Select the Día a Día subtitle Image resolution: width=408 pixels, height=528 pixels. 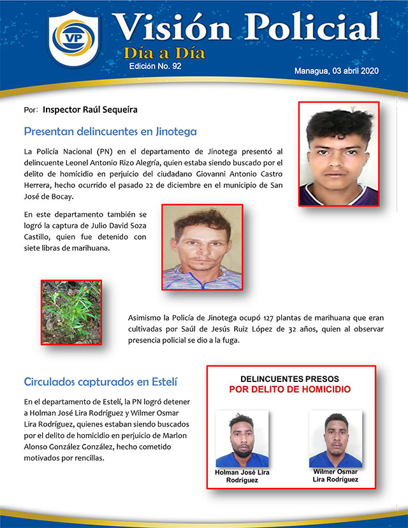click(x=164, y=53)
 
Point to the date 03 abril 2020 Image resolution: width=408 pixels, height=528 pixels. click(x=356, y=71)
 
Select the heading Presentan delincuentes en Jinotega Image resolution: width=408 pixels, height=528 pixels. click(x=110, y=132)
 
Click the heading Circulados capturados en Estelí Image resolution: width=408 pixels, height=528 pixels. click(x=100, y=382)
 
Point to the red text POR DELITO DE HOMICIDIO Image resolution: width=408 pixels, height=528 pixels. click(x=290, y=389)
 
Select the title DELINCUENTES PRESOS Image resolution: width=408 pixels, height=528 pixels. click(x=290, y=379)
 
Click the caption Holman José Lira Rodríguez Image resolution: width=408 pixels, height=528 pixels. click(x=242, y=476)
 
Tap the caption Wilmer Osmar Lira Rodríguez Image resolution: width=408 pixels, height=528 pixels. click(x=335, y=475)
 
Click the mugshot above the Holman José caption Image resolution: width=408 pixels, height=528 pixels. click(x=242, y=439)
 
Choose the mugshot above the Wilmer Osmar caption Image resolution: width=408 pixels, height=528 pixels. click(x=335, y=439)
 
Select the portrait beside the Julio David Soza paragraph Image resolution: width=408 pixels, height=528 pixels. click(x=202, y=247)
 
